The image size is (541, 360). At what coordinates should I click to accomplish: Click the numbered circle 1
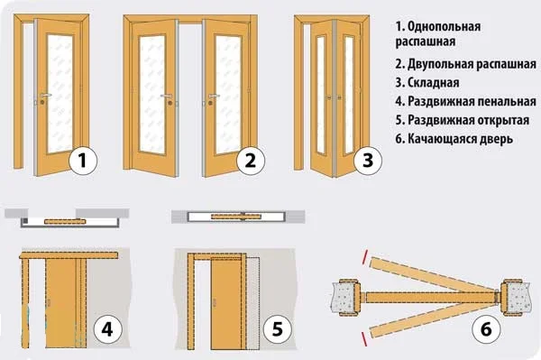click(83, 161)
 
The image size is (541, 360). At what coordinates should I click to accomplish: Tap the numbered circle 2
click(250, 161)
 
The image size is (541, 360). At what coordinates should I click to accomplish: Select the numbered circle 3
click(368, 161)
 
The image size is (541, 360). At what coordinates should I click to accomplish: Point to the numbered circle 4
click(107, 329)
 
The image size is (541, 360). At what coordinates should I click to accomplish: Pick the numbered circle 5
click(278, 329)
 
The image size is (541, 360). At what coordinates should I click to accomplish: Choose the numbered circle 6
click(486, 329)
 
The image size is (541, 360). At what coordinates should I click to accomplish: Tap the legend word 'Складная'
click(434, 83)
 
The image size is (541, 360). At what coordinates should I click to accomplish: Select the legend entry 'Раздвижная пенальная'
click(472, 101)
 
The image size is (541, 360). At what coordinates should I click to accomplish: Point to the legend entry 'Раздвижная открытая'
click(469, 120)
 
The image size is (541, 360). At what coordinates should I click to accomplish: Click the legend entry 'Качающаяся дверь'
click(460, 139)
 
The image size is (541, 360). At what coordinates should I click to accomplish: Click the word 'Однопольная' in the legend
click(444, 26)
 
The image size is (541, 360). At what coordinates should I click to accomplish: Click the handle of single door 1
click(45, 95)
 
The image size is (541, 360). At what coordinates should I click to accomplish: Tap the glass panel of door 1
click(60, 93)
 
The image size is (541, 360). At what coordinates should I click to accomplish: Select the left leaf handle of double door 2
click(167, 96)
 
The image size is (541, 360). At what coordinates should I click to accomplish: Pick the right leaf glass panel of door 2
click(227, 94)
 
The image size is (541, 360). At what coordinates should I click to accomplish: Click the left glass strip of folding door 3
click(321, 94)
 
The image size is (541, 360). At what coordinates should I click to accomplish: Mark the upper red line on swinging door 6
click(364, 257)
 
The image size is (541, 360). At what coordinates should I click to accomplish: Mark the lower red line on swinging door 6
click(364, 338)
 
